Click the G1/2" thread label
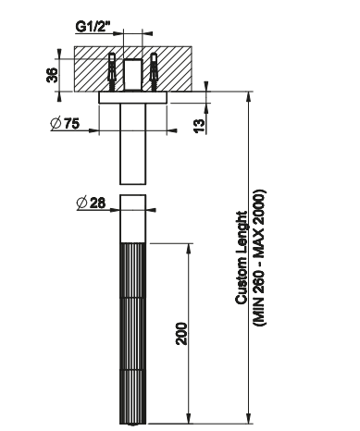(93, 27)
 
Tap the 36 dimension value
(52, 75)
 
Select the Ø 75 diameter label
(65, 123)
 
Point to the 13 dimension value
(200, 126)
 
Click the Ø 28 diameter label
(91, 203)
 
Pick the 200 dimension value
(181, 334)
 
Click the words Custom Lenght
(242, 258)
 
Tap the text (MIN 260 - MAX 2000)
(259, 257)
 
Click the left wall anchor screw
(112, 72)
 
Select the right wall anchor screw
(154, 72)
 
